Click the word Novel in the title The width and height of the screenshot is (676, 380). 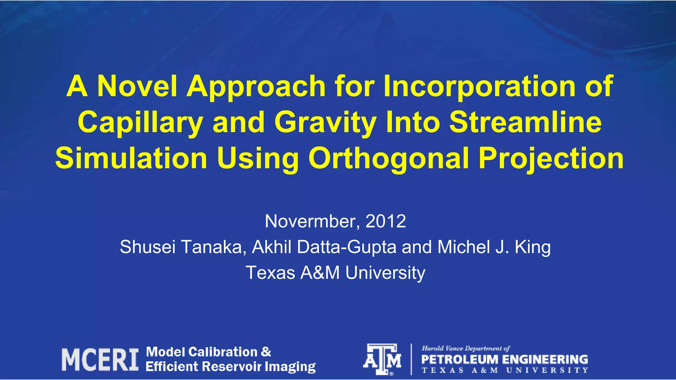[x=137, y=86]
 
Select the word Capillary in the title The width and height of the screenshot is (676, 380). [x=140, y=122]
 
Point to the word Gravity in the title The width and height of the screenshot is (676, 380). [x=325, y=122]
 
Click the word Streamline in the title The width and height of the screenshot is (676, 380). [x=525, y=122]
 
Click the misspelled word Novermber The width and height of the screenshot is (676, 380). [x=312, y=221]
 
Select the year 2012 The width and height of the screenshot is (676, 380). [x=386, y=221]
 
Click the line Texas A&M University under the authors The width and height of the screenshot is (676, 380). [x=335, y=273]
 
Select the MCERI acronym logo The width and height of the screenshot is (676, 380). [x=100, y=360]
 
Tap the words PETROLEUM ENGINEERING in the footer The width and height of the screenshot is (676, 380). [x=504, y=359]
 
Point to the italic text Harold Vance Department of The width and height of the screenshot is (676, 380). [x=465, y=348]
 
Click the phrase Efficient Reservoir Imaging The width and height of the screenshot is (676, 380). [x=230, y=367]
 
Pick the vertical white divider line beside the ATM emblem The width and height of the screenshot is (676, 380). [x=411, y=359]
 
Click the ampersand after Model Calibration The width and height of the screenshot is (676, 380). [x=266, y=352]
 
